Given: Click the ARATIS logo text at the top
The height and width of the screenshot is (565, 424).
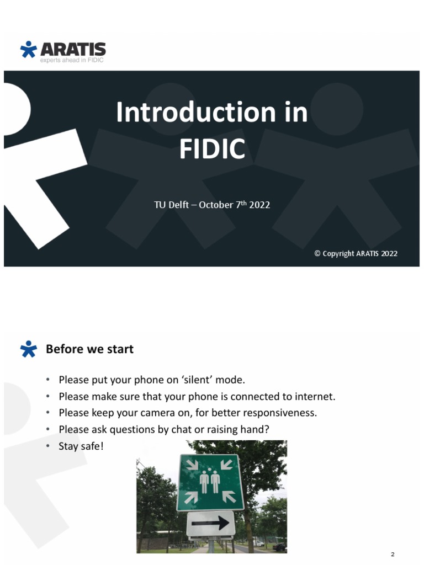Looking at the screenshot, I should tap(72, 49).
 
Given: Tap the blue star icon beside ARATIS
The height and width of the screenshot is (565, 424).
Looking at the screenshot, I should tap(28, 49).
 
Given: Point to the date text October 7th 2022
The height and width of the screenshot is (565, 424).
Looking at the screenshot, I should tap(234, 205).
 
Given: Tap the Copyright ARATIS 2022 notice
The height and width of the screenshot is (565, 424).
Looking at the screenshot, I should tap(356, 254).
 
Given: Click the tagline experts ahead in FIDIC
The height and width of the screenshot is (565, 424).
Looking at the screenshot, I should tap(72, 60).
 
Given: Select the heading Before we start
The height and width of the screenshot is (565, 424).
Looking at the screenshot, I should tap(89, 349).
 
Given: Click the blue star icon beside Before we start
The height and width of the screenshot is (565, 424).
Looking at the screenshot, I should tap(28, 349).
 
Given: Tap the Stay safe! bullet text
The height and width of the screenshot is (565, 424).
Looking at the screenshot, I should tap(81, 446).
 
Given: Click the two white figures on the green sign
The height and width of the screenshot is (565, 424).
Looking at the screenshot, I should tap(210, 481).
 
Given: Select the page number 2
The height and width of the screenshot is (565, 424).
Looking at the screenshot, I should tap(393, 554).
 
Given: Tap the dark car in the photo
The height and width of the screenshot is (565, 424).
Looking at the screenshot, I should tap(279, 547).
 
